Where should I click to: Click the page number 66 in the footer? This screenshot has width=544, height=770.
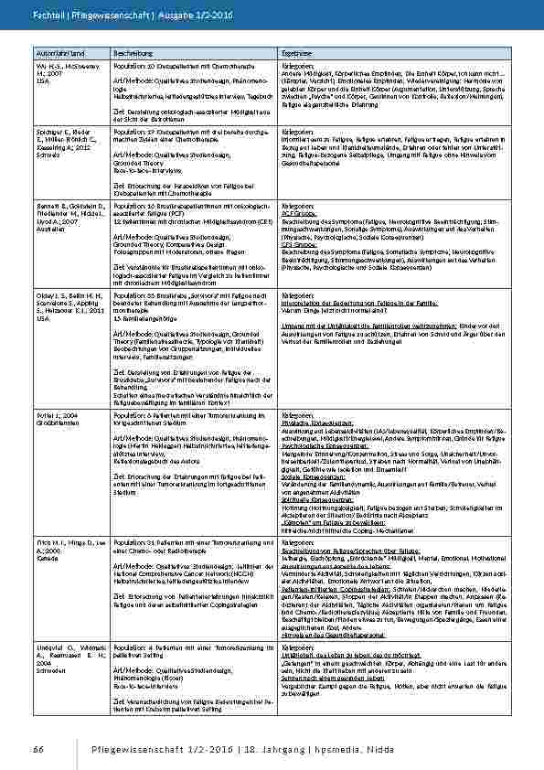[38, 749]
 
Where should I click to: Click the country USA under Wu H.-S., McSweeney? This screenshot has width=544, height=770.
[43, 81]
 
